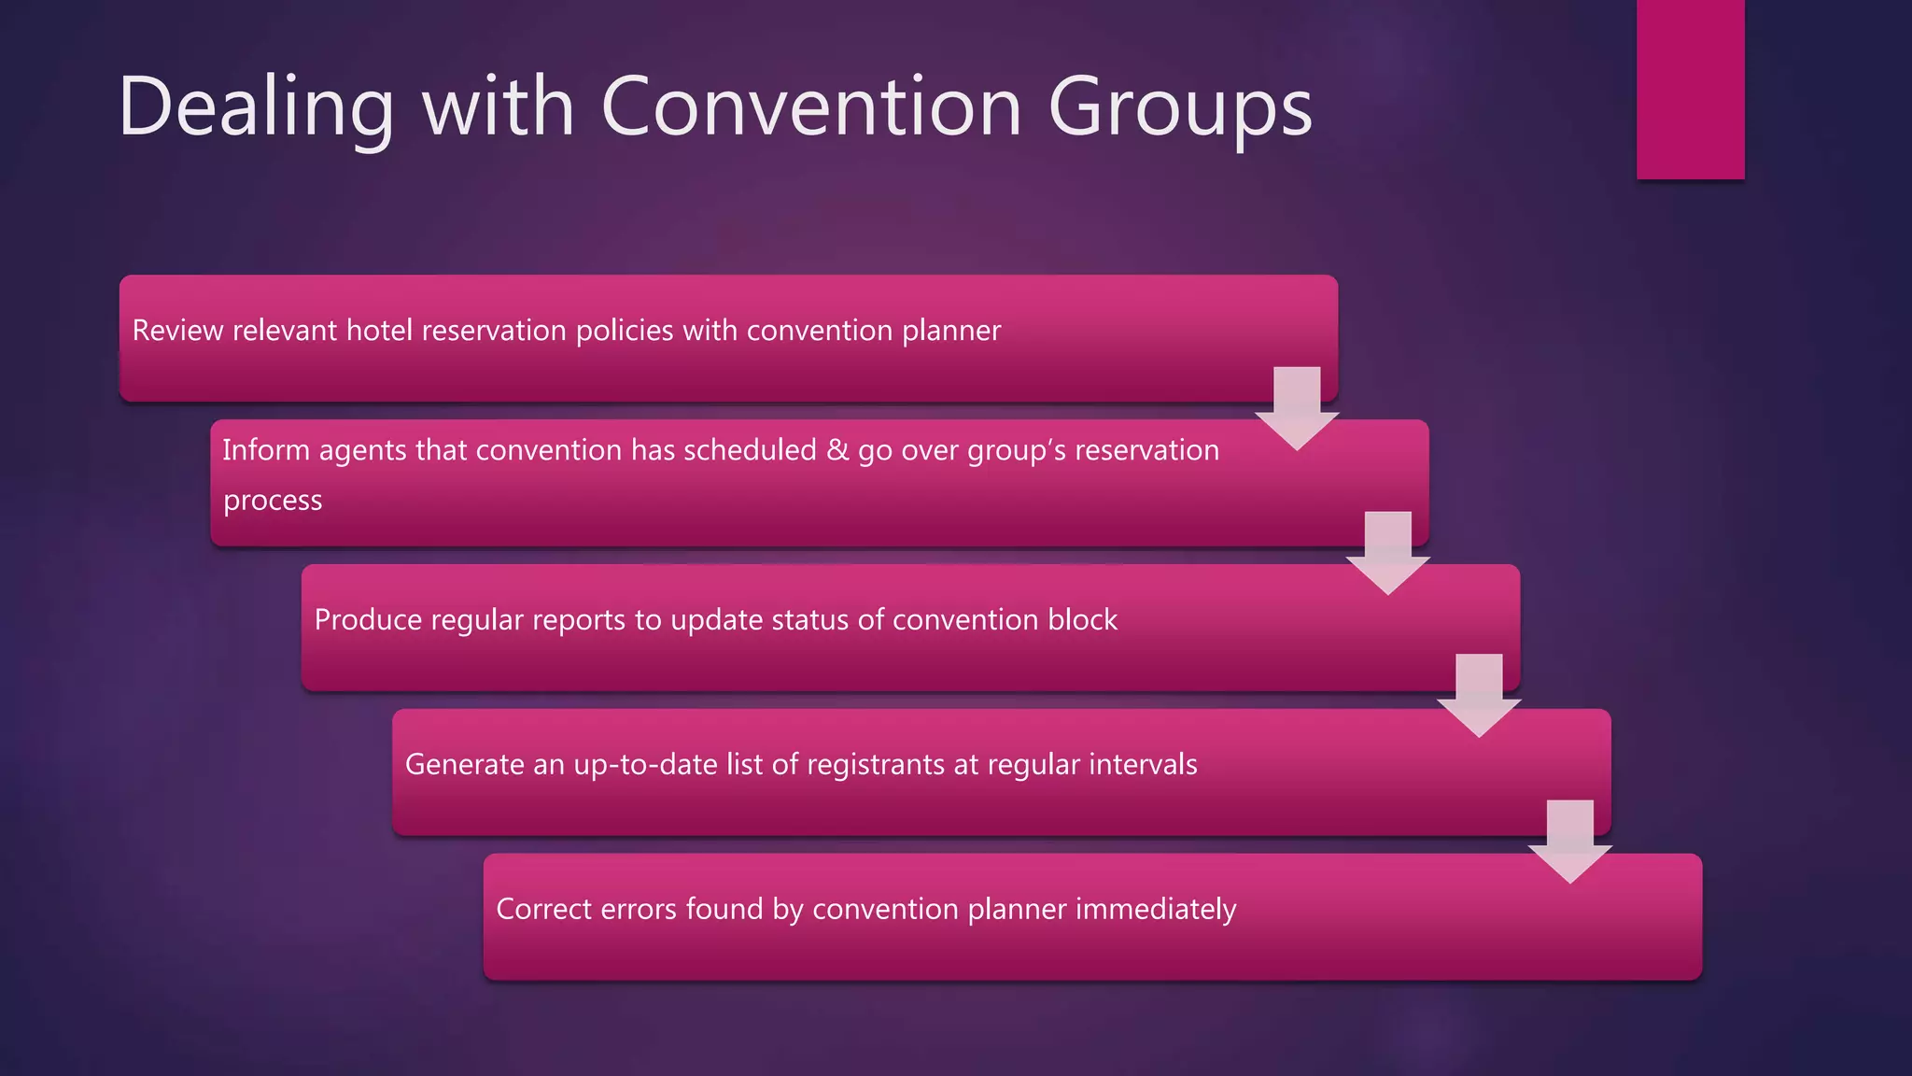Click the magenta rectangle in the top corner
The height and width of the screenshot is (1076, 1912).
point(1690,89)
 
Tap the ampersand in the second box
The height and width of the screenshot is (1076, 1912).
point(836,450)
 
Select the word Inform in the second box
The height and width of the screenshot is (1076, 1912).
point(265,450)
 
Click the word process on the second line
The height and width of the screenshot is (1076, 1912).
point(273,502)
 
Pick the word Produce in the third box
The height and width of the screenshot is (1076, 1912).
point(367,620)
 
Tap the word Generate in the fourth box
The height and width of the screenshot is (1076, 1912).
point(464,765)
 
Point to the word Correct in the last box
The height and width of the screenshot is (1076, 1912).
point(542,910)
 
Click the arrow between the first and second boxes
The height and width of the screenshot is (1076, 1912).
point(1297,407)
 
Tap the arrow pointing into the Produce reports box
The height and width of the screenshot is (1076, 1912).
point(1387,552)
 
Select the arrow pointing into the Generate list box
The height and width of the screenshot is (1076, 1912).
point(1479,695)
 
